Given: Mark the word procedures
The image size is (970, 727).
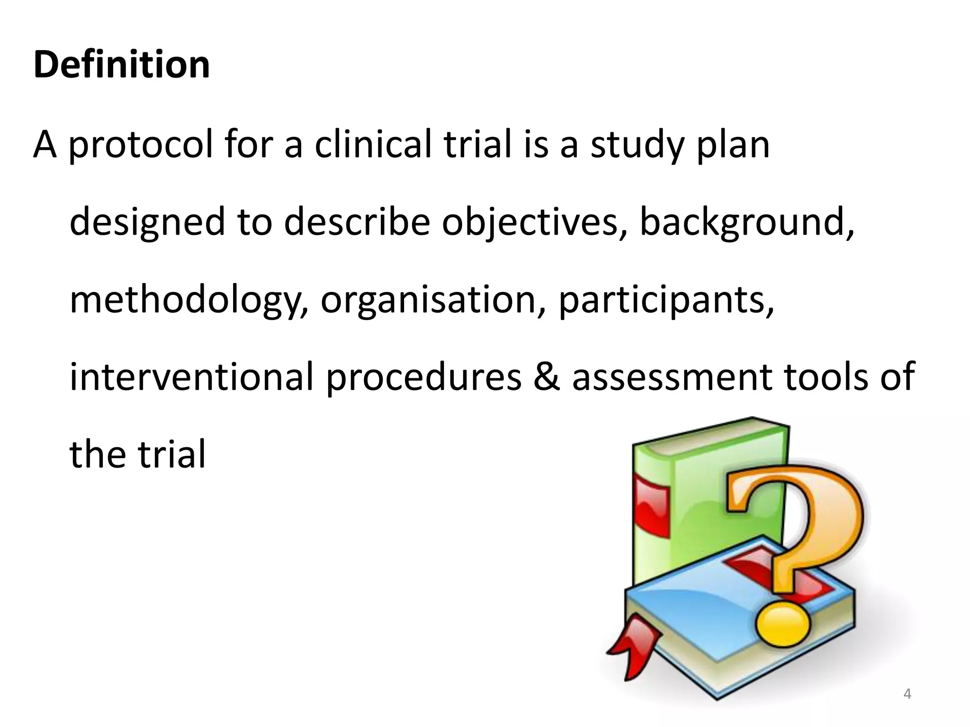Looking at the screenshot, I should (x=424, y=378).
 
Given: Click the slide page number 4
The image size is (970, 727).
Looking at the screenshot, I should (x=907, y=694).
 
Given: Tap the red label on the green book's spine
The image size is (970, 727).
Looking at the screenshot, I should (x=652, y=506).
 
